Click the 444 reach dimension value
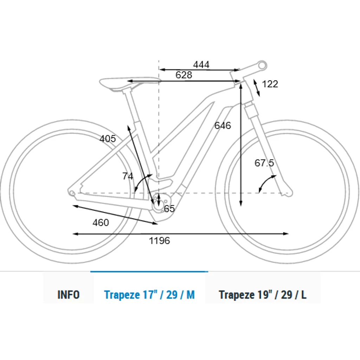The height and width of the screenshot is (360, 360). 201,65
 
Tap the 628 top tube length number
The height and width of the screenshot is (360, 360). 184,75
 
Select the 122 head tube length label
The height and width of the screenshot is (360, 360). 270,84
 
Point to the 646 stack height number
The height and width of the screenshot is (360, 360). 223,126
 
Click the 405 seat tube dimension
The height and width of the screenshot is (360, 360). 108,139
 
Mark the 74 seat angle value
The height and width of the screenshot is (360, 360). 128,176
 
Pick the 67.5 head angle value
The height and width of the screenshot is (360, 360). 264,163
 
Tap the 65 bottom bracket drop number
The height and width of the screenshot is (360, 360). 169,208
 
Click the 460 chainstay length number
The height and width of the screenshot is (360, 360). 101,223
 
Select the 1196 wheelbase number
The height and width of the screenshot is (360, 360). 160,240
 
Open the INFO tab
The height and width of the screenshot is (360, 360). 69,295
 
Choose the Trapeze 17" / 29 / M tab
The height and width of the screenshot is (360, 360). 149,295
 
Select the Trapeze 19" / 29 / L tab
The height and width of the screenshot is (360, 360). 263,295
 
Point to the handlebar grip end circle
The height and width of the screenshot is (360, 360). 262,65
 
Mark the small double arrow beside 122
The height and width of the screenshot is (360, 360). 256,88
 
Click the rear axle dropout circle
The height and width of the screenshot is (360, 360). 72,193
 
